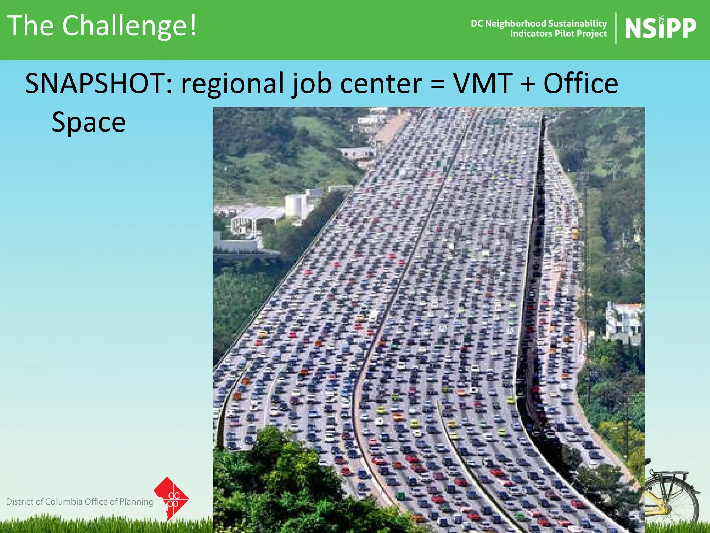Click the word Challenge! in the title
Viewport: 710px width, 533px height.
(x=129, y=26)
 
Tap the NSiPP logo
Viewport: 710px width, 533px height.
(x=660, y=28)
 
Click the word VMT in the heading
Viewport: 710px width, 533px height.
(x=483, y=84)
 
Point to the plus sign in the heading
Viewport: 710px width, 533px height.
(x=528, y=84)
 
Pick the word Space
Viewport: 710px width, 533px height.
(x=89, y=122)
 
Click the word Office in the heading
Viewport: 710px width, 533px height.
(x=581, y=84)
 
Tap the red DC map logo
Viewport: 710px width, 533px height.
(x=172, y=499)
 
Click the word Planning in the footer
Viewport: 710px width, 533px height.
(x=136, y=502)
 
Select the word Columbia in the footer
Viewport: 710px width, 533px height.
(x=64, y=502)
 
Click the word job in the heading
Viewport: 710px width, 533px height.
(x=312, y=84)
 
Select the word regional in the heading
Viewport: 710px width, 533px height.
(x=232, y=84)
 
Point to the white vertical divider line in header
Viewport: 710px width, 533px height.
(x=616, y=28)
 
